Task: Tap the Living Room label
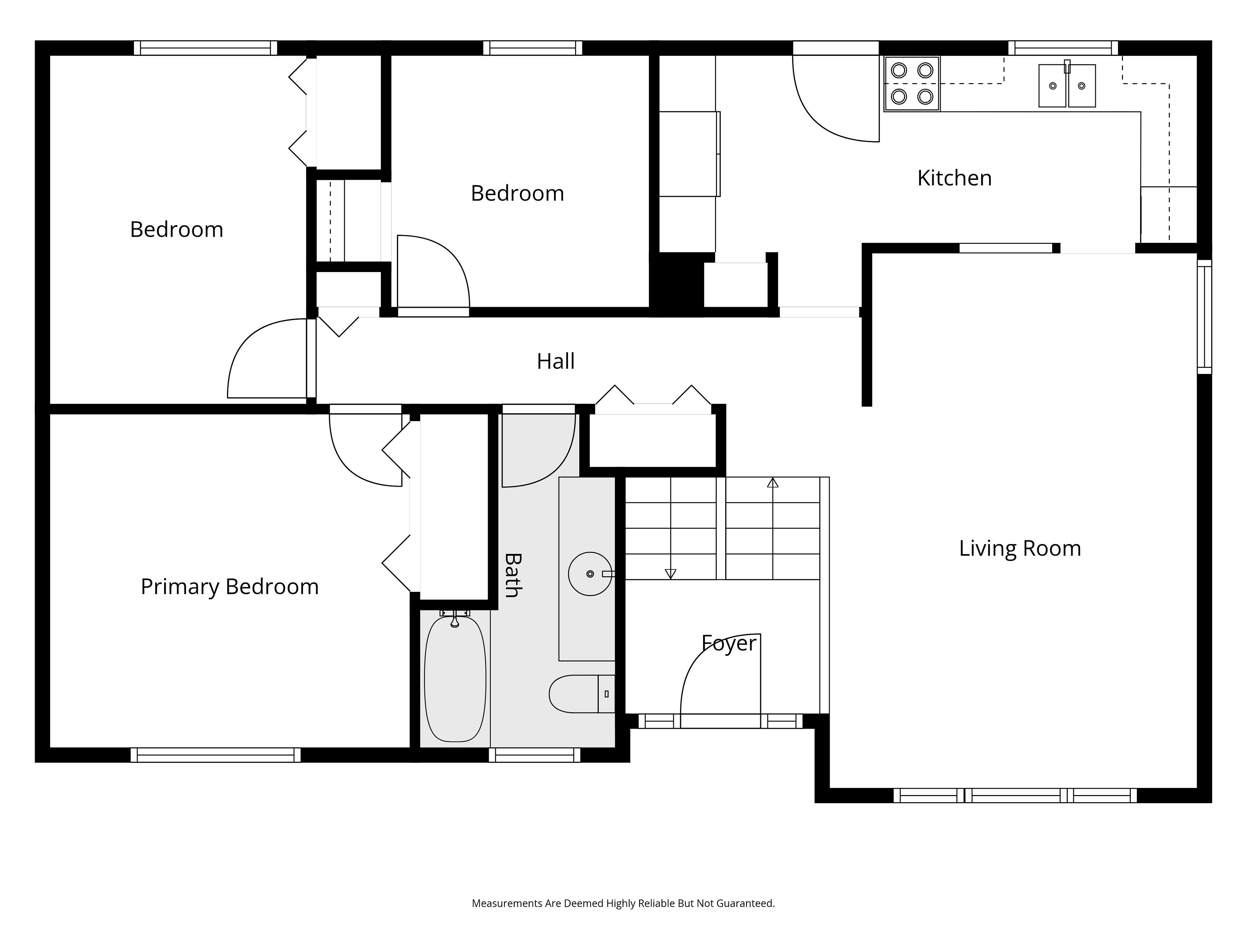(x=1020, y=548)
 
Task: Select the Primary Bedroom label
(x=230, y=587)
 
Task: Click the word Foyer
(x=729, y=643)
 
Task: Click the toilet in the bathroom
(x=582, y=694)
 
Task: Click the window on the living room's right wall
(x=1204, y=317)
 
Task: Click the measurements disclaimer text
(x=623, y=904)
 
